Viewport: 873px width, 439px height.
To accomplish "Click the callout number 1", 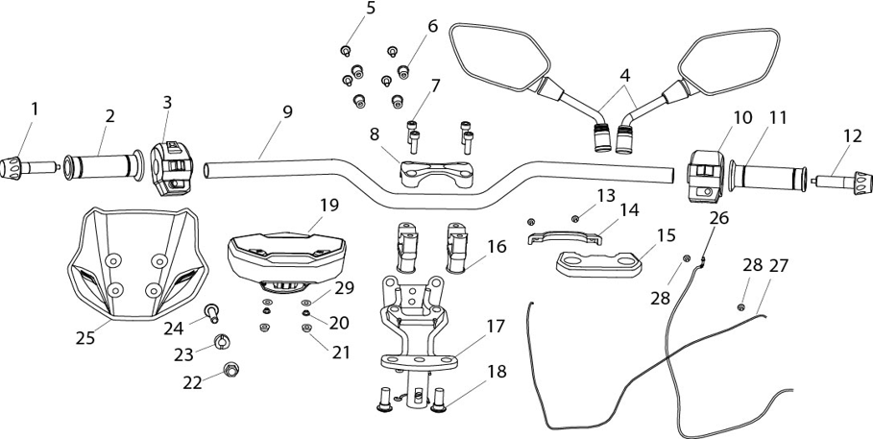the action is coord(35,110).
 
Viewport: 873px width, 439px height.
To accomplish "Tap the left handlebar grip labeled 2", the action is coord(104,166).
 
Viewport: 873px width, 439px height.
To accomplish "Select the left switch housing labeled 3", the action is coord(172,169).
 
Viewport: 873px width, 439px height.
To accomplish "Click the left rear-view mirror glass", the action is coord(497,57).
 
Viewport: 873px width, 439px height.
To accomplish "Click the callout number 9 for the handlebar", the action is coord(287,112).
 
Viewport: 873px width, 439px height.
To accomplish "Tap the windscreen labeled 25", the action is coord(137,264).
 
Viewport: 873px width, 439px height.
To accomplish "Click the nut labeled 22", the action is coord(230,369).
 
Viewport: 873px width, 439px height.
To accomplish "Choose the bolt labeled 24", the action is coord(211,312).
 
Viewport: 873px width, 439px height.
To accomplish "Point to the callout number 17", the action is coord(497,327).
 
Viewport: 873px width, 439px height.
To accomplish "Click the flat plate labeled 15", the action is coord(599,264).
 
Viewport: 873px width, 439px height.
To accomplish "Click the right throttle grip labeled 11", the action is coord(768,177).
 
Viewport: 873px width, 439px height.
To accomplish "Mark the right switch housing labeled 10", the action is coord(706,175).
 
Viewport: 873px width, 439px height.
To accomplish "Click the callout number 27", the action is coord(778,266).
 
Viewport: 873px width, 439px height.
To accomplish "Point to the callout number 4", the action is coord(624,75).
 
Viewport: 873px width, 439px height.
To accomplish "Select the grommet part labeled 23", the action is coord(222,342).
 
